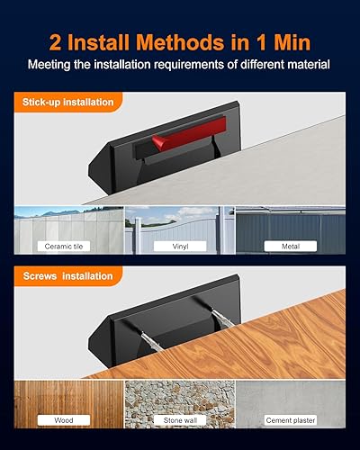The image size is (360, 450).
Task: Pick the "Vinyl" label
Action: [x=179, y=245]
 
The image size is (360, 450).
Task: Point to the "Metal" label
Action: [x=289, y=245]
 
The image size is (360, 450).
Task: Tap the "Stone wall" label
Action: [x=179, y=419]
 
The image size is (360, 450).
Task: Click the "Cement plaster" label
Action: [x=289, y=419]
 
